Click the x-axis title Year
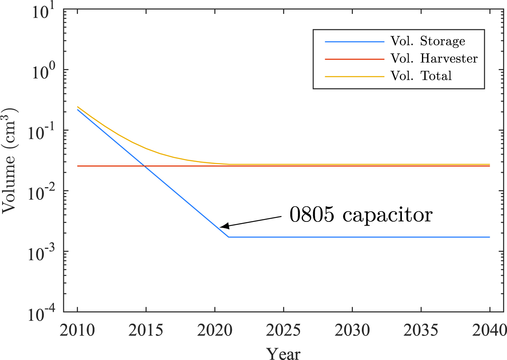point(283,353)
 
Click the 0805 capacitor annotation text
point(361,214)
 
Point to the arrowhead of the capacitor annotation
point(220,227)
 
